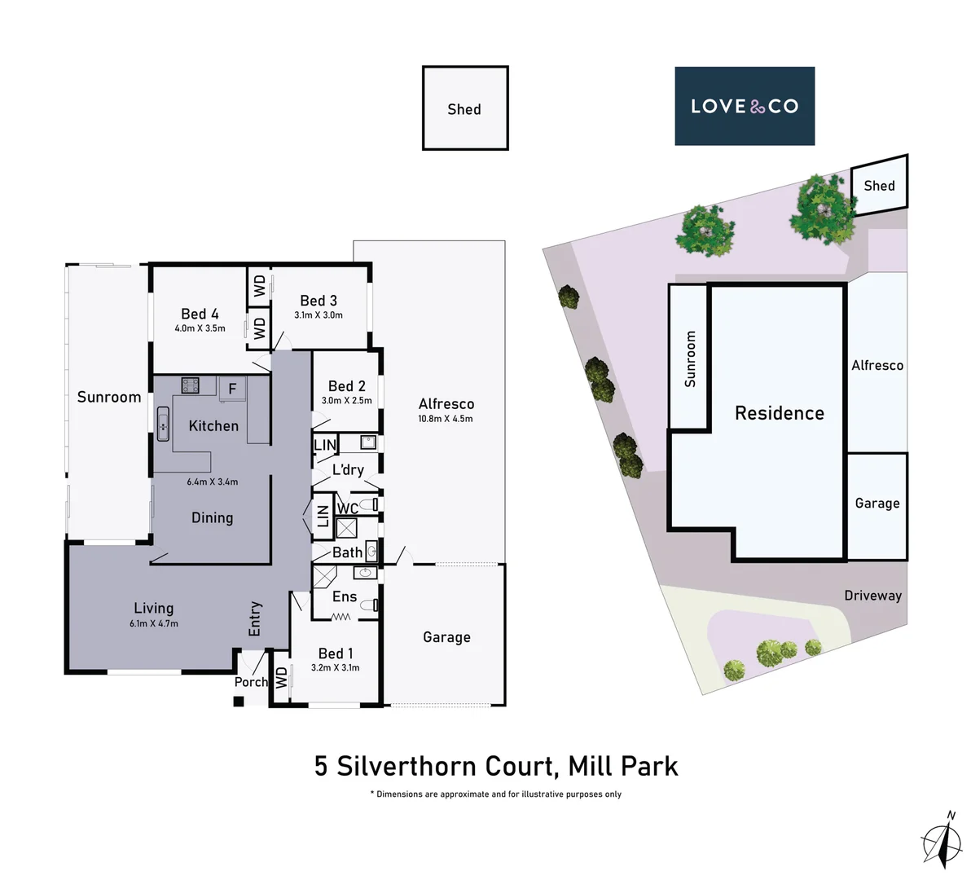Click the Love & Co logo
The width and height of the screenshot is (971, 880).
click(x=744, y=106)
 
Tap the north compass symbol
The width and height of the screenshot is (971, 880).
click(x=942, y=840)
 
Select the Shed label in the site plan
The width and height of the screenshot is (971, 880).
click(x=879, y=186)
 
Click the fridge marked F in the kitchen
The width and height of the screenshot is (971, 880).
click(x=232, y=389)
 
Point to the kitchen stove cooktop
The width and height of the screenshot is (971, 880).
click(x=191, y=385)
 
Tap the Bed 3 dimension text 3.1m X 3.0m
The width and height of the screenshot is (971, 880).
click(x=318, y=315)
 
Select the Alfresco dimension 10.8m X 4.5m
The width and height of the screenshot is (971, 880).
click(x=446, y=419)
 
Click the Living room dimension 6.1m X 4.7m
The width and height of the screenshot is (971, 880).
click(x=153, y=623)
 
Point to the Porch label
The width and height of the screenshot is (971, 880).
click(x=250, y=682)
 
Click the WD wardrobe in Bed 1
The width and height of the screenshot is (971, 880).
click(x=282, y=677)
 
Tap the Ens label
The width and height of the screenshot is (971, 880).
click(x=344, y=596)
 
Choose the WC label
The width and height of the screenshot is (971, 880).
click(x=347, y=508)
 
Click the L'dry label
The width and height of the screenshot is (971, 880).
click(x=348, y=470)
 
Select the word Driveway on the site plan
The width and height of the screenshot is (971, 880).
click(x=872, y=596)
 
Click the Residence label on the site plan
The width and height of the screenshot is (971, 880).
click(x=779, y=413)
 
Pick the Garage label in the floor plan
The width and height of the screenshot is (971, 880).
click(x=446, y=637)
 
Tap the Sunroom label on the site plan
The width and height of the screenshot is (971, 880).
click(x=690, y=359)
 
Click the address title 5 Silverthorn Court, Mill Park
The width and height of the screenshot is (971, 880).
click(x=496, y=767)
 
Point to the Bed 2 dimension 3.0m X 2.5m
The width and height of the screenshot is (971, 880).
click(x=346, y=400)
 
